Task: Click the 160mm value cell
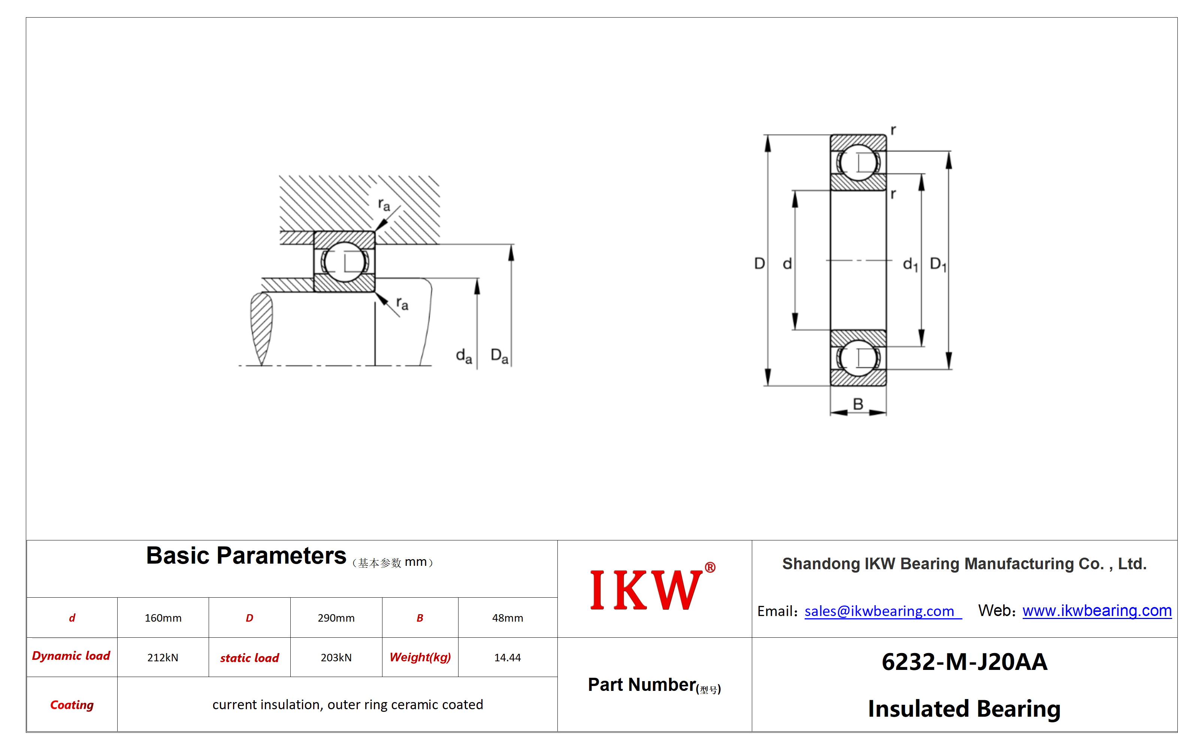tap(163, 618)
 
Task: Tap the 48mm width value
tap(508, 618)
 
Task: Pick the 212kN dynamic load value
tap(163, 657)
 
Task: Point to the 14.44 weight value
tap(508, 657)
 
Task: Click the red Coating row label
tap(72, 705)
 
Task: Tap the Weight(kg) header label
tap(420, 657)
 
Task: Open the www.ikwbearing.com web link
tap(1097, 610)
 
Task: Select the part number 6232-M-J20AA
tap(964, 662)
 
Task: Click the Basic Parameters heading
tap(246, 556)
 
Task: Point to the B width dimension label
tap(858, 404)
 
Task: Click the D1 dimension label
tap(938, 265)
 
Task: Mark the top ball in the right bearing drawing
tap(858, 162)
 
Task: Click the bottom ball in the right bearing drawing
tap(858, 358)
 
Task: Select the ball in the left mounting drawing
tap(344, 262)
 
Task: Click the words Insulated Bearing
tap(964, 709)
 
